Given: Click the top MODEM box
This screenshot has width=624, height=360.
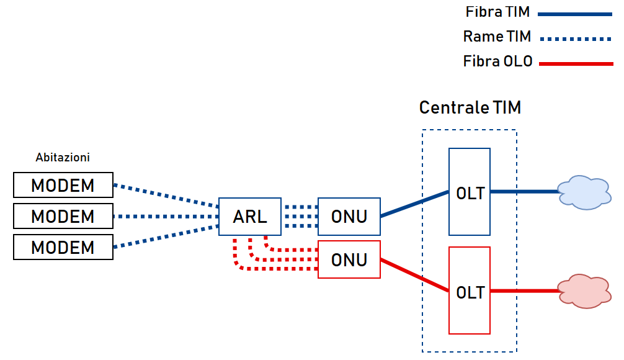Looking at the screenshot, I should (x=63, y=185).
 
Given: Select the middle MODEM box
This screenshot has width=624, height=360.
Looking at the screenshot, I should (x=63, y=216).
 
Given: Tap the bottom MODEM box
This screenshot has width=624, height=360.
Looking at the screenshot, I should (x=63, y=247).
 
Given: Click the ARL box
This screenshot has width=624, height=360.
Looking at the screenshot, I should (x=250, y=217).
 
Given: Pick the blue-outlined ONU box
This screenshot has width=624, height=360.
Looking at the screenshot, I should (x=349, y=217).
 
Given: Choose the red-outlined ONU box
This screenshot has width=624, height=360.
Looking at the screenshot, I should (x=349, y=259).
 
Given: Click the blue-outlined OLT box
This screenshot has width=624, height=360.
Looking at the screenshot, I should (x=470, y=192).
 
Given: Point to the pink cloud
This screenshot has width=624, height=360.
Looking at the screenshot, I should (x=582, y=290).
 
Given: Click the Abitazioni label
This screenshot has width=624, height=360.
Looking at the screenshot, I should (x=63, y=158).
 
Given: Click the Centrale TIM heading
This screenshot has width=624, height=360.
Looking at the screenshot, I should (x=470, y=107).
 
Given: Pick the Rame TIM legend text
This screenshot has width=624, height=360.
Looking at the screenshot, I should (x=497, y=37).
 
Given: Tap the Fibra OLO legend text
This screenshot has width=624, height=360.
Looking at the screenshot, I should (x=497, y=61).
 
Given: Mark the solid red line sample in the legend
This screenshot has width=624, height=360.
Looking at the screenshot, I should (x=576, y=63).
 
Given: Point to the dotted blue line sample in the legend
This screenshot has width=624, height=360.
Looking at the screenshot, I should (x=576, y=38).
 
